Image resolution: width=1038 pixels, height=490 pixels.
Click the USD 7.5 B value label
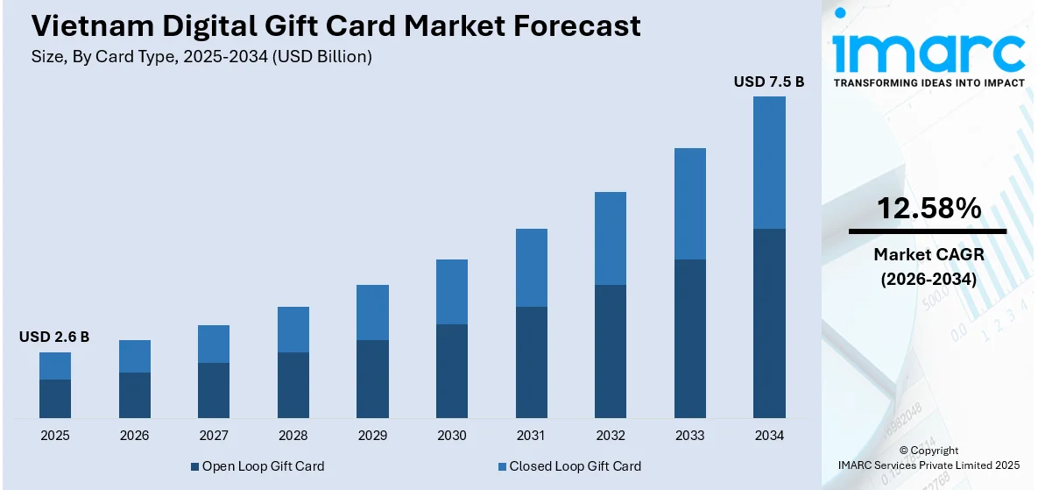(768, 82)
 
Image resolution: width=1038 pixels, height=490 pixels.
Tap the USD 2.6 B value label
(54, 337)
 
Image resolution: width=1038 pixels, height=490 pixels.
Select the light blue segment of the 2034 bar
(769, 162)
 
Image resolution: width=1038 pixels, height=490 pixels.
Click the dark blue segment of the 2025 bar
(55, 398)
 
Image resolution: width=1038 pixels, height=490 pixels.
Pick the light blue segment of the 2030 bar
(452, 291)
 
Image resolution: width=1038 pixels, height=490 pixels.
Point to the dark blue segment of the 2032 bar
(611, 351)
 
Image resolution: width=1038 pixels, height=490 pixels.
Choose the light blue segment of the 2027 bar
(214, 344)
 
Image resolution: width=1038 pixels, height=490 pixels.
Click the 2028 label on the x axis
(293, 436)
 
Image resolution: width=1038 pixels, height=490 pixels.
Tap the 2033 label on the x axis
(690, 436)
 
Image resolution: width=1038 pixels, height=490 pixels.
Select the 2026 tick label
(135, 436)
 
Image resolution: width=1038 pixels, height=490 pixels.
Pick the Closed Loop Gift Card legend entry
(568, 466)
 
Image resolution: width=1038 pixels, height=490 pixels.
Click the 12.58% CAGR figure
(929, 208)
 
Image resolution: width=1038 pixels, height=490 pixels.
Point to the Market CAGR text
(929, 254)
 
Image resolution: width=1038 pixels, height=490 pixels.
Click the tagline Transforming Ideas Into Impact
(929, 82)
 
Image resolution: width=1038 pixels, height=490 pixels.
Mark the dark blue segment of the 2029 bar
(372, 379)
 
